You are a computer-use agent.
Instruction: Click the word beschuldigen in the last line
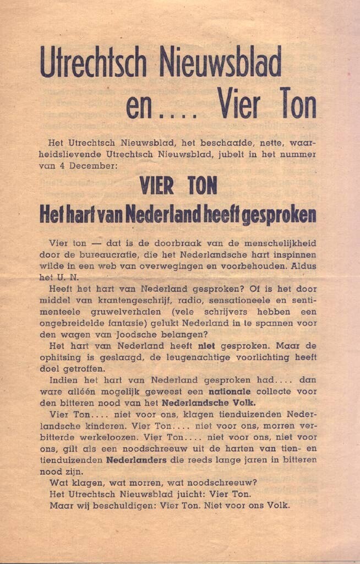(113, 506)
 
